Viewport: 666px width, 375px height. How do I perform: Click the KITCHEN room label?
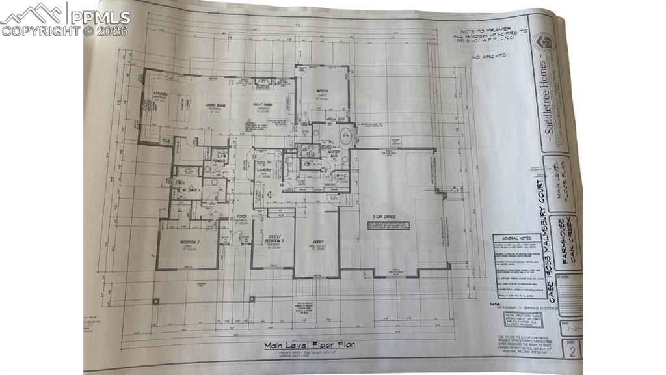160,94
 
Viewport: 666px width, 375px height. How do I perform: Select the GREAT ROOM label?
262,105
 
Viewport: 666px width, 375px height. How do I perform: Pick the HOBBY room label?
318,241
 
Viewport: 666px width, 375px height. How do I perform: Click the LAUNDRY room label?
263,171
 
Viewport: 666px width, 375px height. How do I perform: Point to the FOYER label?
241,216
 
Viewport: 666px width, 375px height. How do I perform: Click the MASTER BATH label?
334,154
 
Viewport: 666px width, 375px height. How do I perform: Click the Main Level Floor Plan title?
309,346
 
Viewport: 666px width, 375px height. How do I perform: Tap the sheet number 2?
572,352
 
